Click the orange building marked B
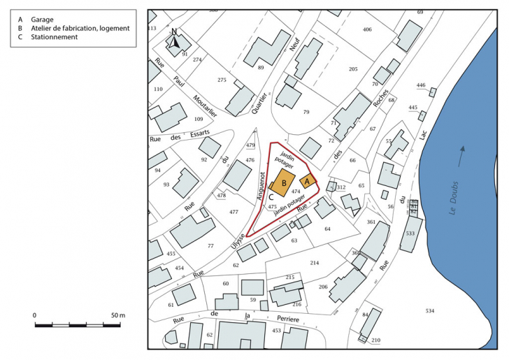[x=284, y=182]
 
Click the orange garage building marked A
[x=307, y=181]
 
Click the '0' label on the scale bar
[x=35, y=316]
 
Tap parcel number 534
[x=430, y=310]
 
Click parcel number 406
[x=367, y=29]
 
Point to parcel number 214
[x=315, y=262]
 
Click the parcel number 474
[x=296, y=191]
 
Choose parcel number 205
[x=353, y=69]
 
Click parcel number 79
[x=306, y=112]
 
